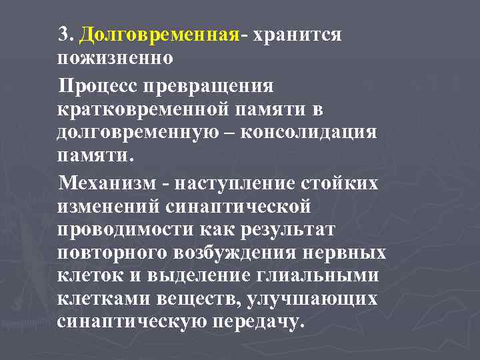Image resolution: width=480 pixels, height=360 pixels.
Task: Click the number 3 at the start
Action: pyautogui.click(x=64, y=34)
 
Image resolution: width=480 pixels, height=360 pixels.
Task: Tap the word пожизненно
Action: pyautogui.click(x=115, y=58)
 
